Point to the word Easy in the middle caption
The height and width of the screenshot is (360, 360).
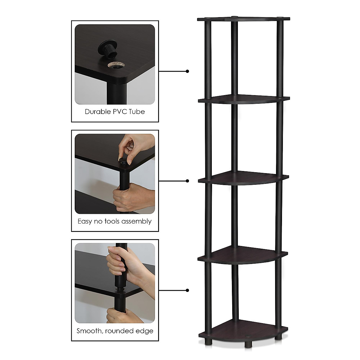[x=84, y=221]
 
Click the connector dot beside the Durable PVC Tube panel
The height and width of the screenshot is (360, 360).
[x=187, y=71]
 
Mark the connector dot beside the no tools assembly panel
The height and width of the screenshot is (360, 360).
[x=187, y=181]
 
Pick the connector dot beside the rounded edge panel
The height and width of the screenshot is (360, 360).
[x=187, y=290]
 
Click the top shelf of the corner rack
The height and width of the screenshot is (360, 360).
[x=244, y=19]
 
